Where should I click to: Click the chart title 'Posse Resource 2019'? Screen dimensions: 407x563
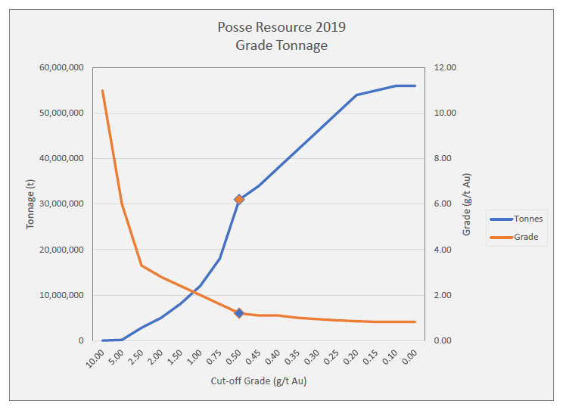(281, 28)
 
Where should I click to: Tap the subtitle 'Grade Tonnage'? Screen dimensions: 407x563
(281, 45)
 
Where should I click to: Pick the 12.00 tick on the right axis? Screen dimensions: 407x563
(447, 67)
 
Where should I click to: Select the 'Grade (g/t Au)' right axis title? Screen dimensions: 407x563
(467, 204)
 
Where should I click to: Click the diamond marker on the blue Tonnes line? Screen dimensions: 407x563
(239, 199)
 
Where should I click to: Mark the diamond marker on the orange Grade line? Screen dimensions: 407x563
(239, 312)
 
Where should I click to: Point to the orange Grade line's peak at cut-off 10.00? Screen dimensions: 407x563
(102, 91)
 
